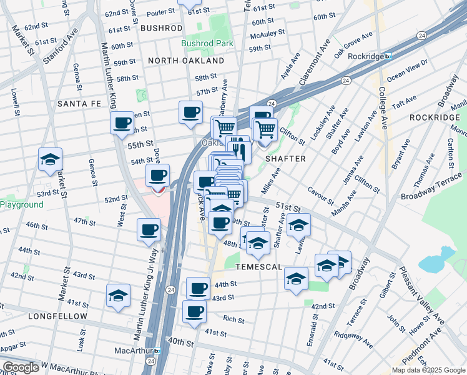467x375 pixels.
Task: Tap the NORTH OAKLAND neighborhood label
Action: point(186,61)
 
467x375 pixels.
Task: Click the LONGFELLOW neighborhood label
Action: point(57,316)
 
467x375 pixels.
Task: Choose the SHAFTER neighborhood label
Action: point(285,159)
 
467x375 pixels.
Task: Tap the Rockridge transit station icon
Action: point(388,56)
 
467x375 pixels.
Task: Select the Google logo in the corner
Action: point(20,367)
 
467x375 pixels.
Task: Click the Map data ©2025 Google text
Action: point(428,370)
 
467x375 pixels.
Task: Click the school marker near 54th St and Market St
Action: point(50,160)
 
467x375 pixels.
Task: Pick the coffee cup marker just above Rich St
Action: point(194,311)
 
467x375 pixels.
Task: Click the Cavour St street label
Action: point(320,195)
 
